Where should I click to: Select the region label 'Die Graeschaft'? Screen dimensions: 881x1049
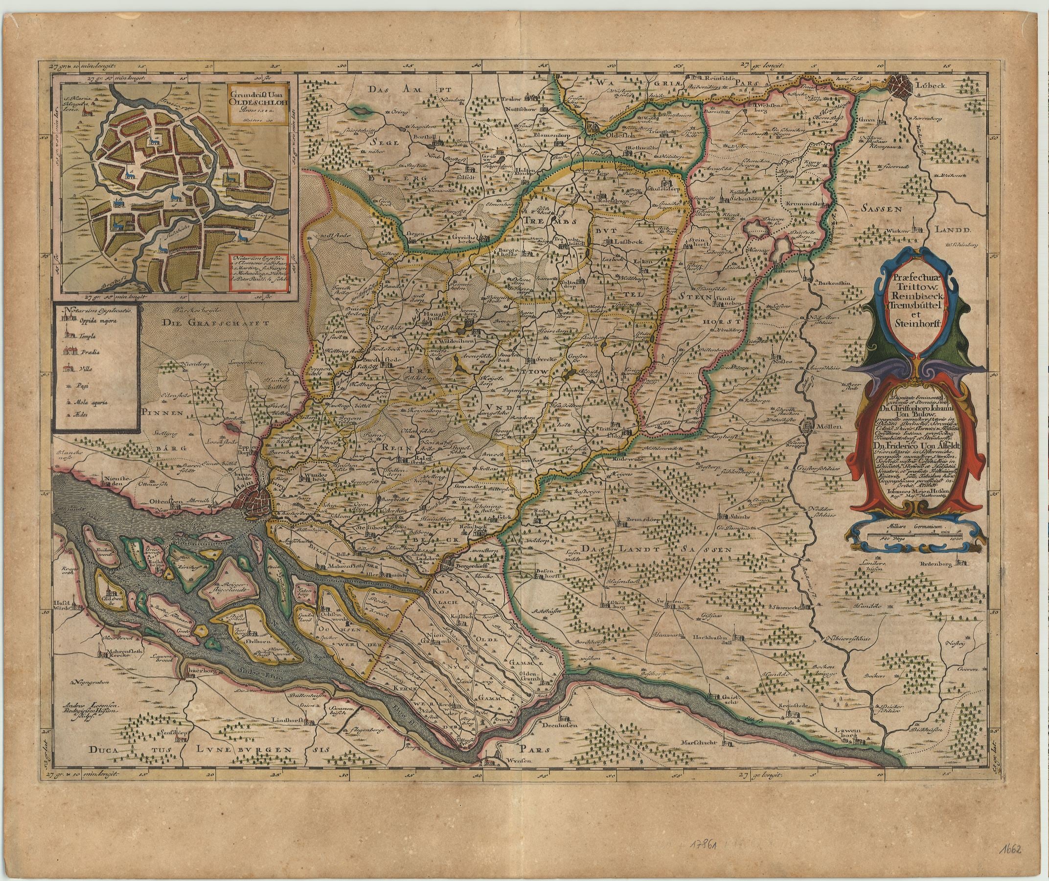click(x=199, y=324)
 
